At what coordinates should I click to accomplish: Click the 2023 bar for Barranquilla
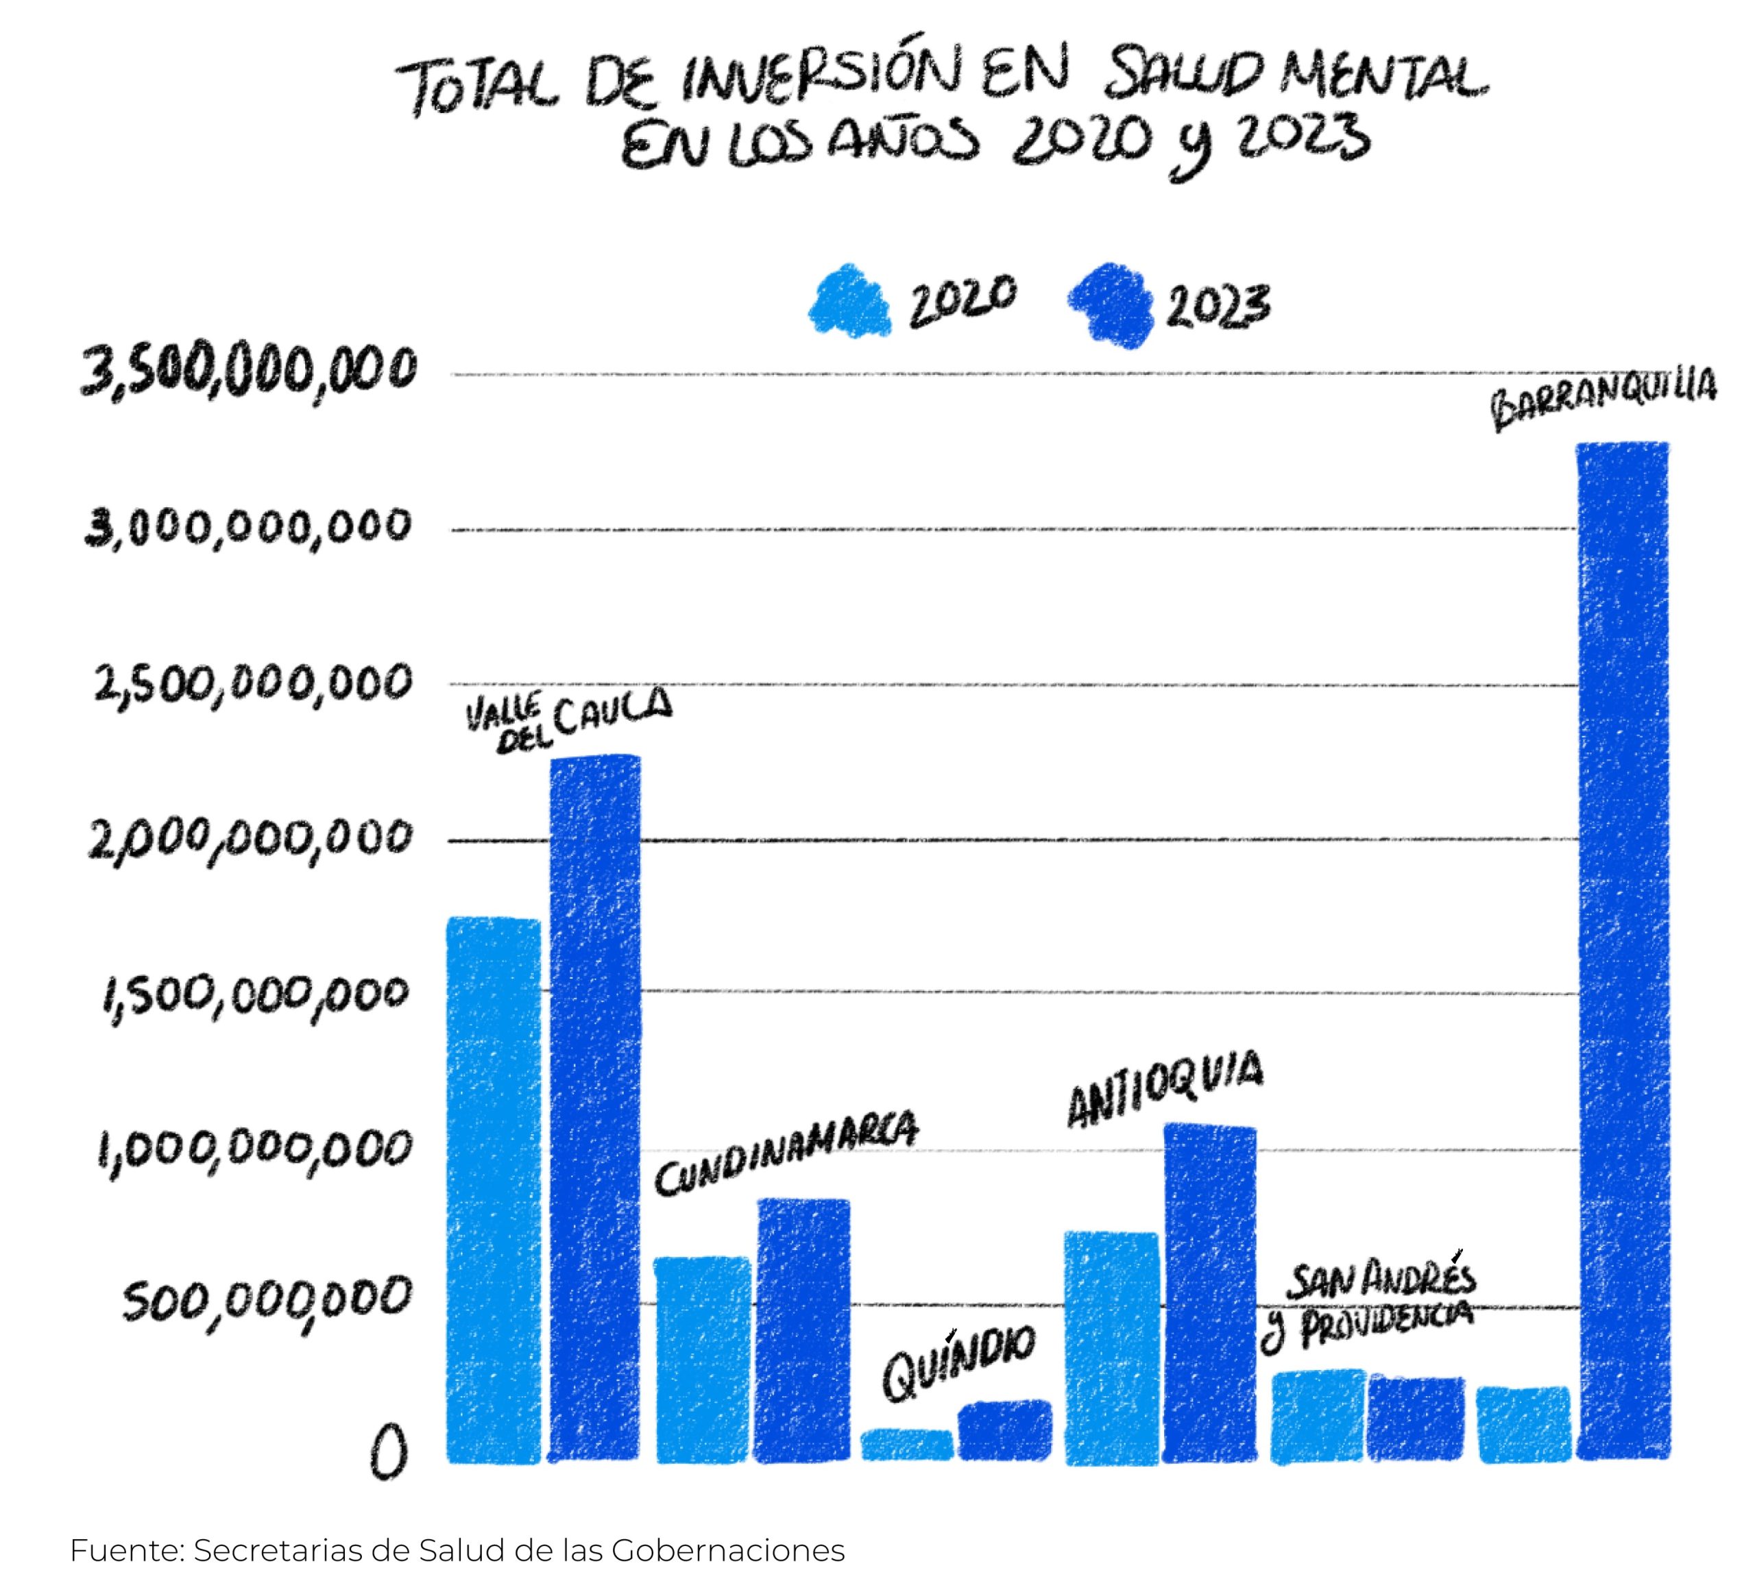coord(1623,948)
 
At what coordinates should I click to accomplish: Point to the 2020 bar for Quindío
coord(907,1445)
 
